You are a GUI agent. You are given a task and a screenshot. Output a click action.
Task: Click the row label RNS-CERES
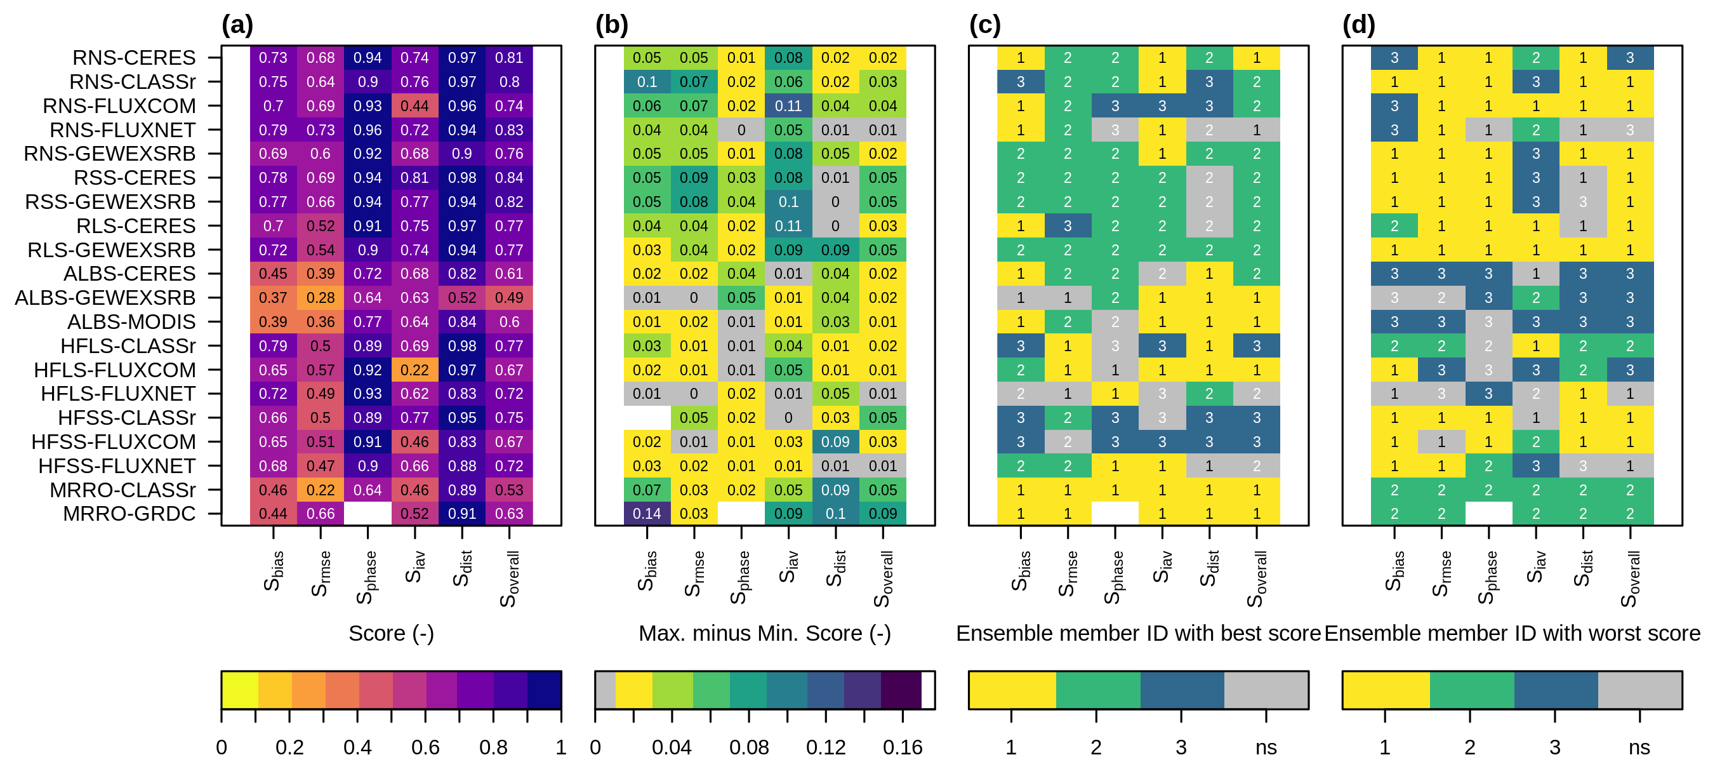point(134,58)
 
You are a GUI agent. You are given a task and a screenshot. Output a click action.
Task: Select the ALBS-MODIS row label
point(131,322)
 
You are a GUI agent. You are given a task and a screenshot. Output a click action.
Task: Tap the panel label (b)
point(611,25)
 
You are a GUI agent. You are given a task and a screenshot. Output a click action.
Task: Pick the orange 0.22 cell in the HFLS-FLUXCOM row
point(414,370)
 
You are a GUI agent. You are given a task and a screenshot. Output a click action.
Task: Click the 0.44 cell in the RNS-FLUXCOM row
point(414,106)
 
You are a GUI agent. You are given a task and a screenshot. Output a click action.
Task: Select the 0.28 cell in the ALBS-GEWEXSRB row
point(321,298)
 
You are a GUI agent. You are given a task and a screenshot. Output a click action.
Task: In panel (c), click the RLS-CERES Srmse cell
point(1067,226)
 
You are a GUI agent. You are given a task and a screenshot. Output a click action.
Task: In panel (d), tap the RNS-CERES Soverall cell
point(1630,58)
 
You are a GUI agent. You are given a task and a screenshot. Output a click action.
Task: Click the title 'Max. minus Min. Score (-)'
point(764,633)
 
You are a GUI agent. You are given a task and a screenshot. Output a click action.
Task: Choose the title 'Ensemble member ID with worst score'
point(1512,633)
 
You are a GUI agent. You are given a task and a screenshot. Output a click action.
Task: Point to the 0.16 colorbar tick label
point(902,747)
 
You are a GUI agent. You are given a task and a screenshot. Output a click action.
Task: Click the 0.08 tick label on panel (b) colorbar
point(748,747)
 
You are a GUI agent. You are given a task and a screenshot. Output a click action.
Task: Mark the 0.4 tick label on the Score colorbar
point(357,747)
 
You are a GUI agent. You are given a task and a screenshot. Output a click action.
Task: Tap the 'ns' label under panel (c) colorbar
point(1266,747)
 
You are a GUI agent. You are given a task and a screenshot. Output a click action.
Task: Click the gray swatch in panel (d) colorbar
point(1639,690)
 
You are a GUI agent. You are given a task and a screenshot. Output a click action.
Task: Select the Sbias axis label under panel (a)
point(274,572)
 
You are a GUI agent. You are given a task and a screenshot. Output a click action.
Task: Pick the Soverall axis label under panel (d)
point(1630,578)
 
